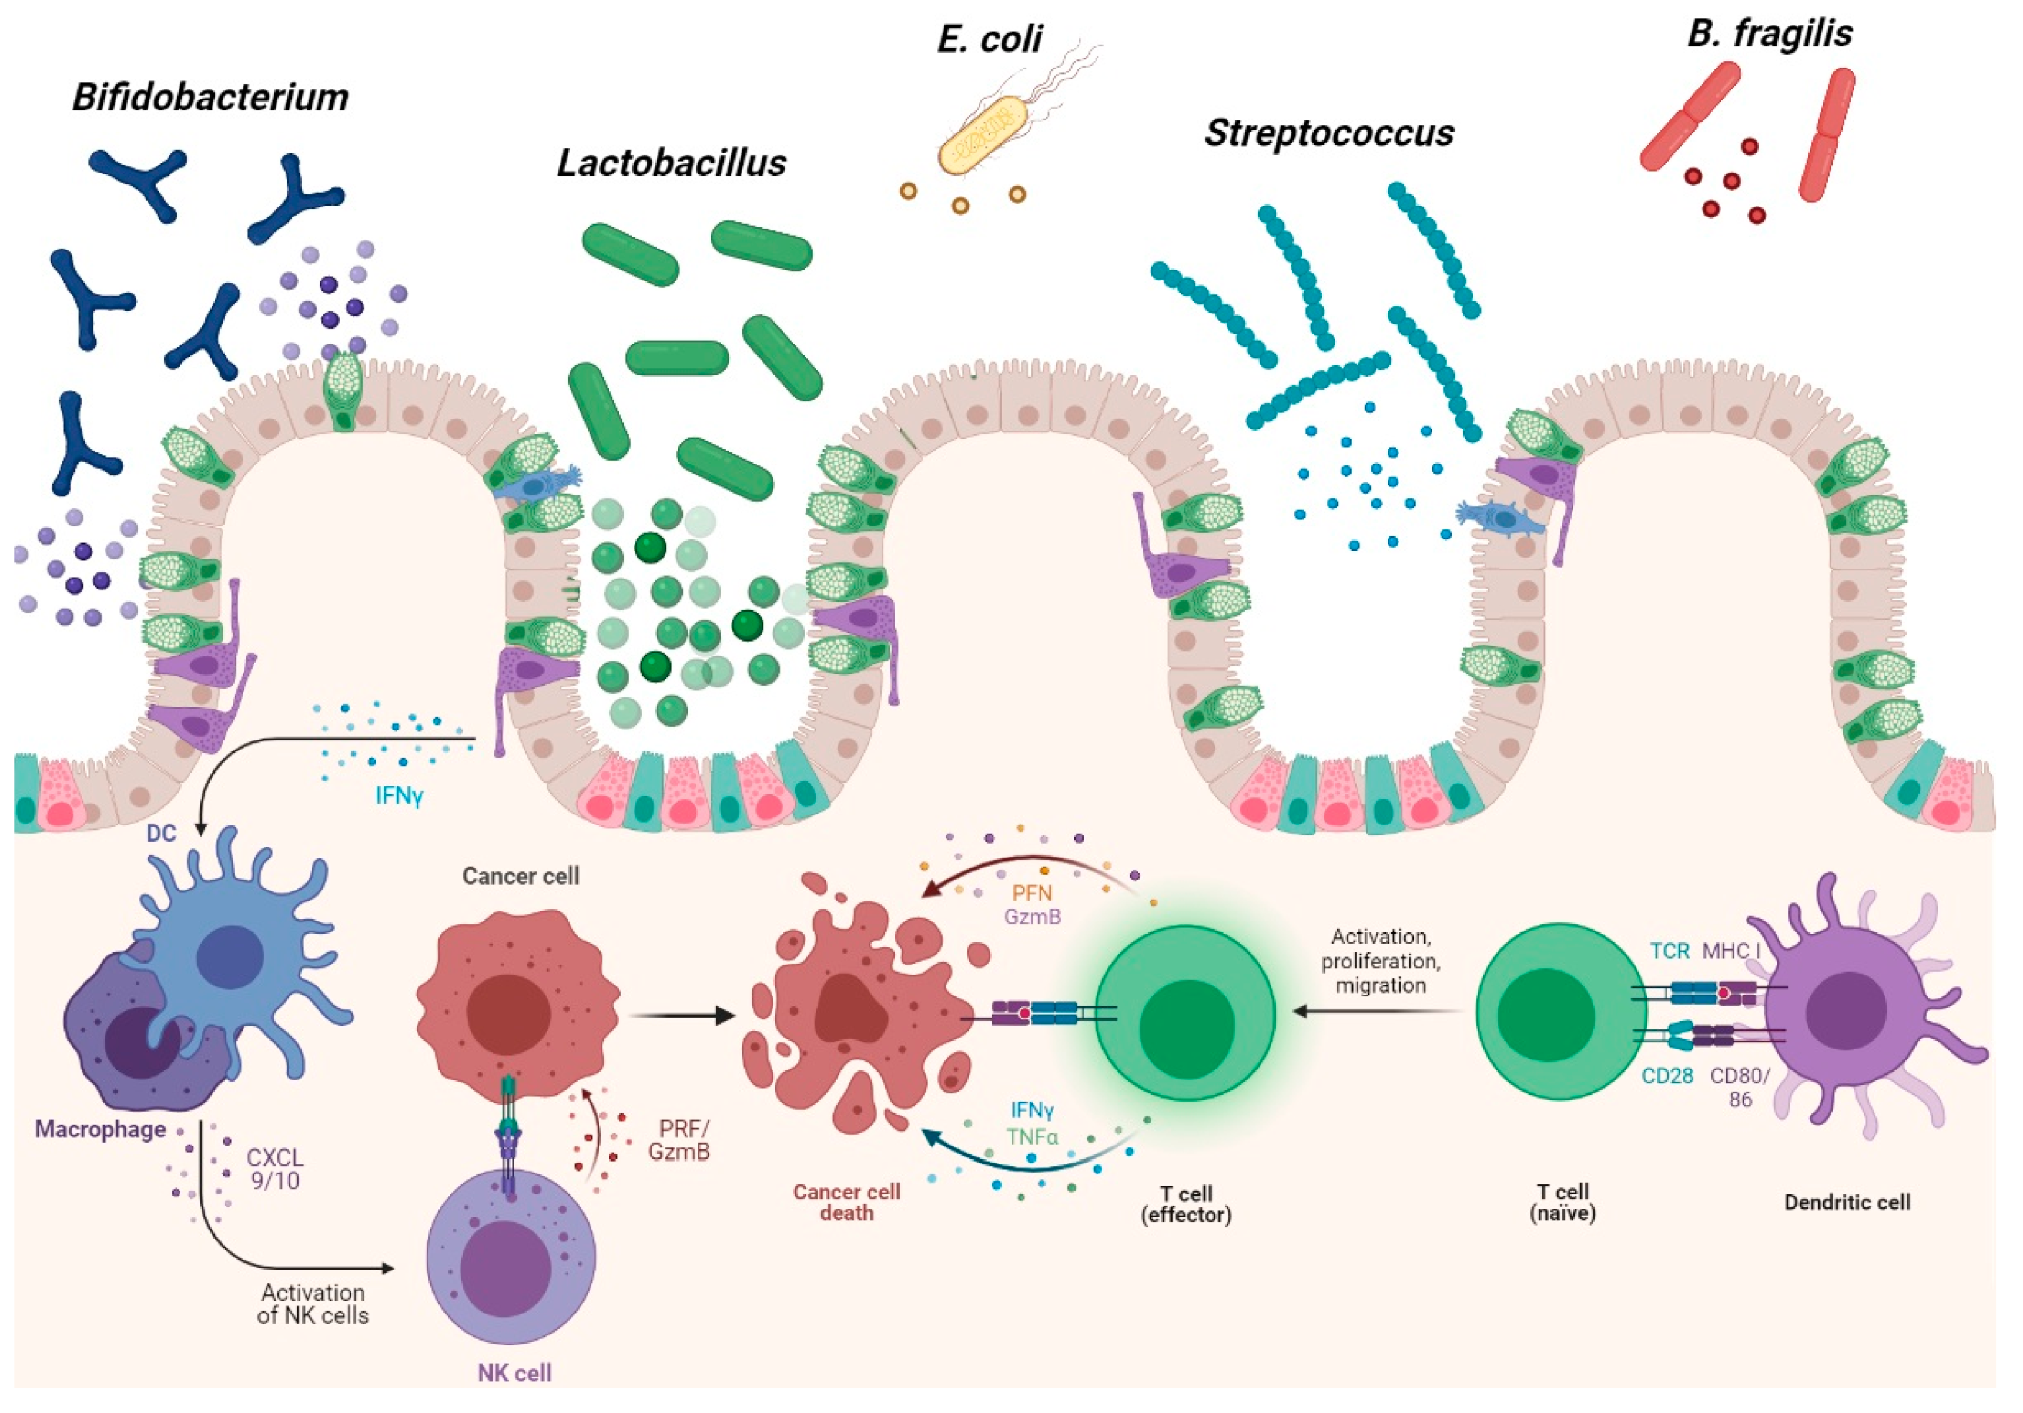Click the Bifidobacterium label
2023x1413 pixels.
210,97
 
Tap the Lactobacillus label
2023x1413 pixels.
671,163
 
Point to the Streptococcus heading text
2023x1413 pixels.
1329,133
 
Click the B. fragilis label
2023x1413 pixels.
1769,33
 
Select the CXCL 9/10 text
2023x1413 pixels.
275,1169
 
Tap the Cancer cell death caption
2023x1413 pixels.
846,1203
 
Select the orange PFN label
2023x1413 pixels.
1031,893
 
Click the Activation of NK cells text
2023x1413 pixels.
313,1304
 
